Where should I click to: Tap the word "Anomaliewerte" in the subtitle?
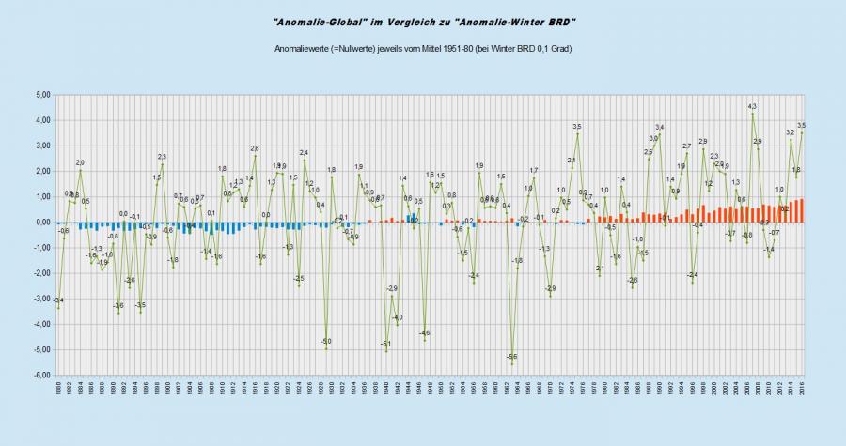pos(302,48)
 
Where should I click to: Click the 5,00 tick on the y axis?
pos(42,95)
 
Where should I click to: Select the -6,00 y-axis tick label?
pos(41,376)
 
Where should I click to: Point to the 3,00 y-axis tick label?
pos(42,146)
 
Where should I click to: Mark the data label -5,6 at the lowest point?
pos(511,357)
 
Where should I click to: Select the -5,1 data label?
pos(385,345)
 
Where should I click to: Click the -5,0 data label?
pos(325,341)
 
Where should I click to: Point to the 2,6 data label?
pos(254,148)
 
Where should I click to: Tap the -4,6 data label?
pos(424,333)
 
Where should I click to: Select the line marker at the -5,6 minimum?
pos(511,364)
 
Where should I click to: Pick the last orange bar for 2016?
pos(802,211)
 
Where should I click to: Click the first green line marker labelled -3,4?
pos(58,308)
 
